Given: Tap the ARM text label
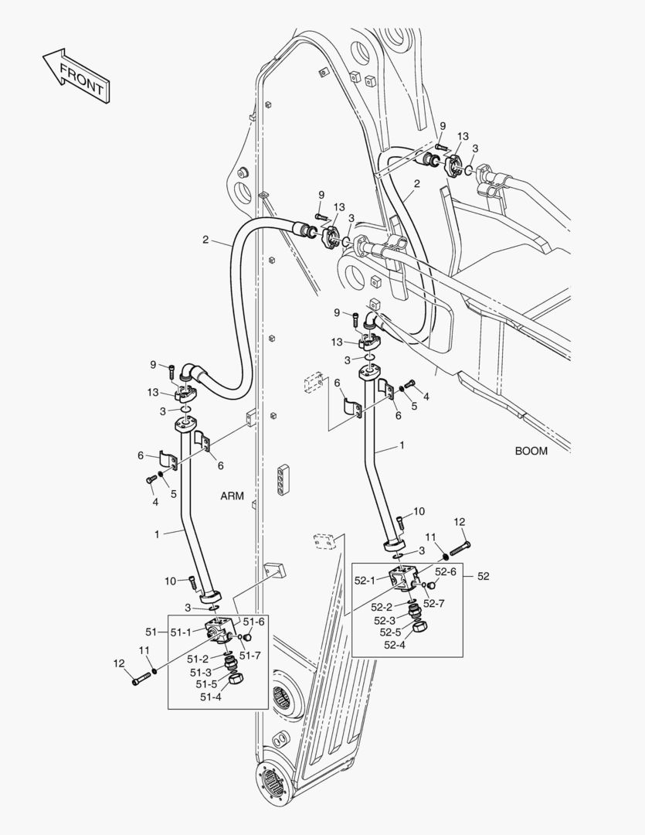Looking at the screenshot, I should click(232, 496).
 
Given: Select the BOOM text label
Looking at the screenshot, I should click(531, 451).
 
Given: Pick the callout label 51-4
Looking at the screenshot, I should click(211, 697).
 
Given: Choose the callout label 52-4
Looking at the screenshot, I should click(394, 644).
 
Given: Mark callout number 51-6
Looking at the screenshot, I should click(254, 621).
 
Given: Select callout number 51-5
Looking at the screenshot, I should click(206, 684).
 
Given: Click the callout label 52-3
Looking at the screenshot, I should click(385, 620).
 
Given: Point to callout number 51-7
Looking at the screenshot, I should click(250, 656).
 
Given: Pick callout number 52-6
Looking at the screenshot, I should click(445, 572).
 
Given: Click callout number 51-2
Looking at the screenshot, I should click(197, 659).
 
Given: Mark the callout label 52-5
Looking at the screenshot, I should click(390, 632).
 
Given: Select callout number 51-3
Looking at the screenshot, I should click(201, 672).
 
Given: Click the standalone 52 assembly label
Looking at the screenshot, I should click(483, 576).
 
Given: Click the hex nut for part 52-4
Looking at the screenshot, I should click(422, 626).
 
